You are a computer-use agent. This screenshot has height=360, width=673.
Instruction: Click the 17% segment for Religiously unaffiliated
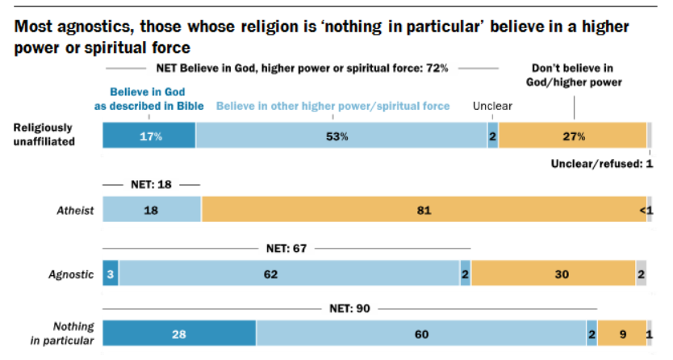tap(148, 136)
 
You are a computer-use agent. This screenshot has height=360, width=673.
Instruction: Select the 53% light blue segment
tap(341, 136)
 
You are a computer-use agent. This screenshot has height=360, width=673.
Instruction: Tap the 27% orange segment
tap(572, 136)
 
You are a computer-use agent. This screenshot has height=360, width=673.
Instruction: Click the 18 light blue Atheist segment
tap(151, 210)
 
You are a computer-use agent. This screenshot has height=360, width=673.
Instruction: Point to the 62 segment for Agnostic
tap(290, 274)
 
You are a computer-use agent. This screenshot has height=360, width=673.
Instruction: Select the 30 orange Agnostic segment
tap(553, 274)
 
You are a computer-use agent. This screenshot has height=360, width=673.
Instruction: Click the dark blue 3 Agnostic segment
tap(111, 274)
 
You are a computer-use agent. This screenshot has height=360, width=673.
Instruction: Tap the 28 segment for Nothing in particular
tap(178, 333)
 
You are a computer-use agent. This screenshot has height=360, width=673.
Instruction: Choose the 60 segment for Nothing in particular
tap(420, 333)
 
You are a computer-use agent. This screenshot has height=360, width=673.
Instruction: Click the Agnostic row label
tap(73, 274)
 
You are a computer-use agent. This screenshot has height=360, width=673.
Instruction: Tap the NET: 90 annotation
tap(349, 308)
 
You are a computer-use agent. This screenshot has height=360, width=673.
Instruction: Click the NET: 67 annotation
tap(286, 248)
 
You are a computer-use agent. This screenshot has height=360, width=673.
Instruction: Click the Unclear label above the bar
tap(492, 106)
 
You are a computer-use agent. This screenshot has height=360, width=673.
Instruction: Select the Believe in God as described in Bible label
tap(148, 98)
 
